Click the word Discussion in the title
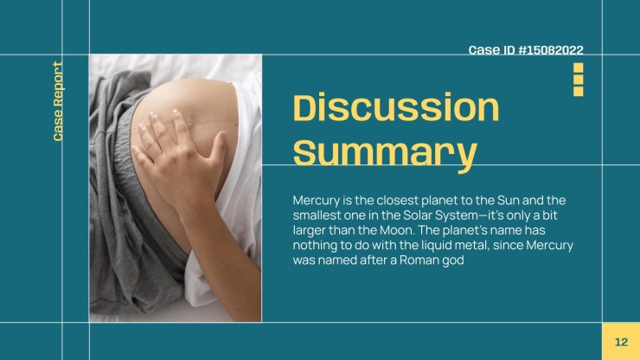coord(396,107)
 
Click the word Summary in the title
coord(385,152)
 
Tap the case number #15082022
coord(551,50)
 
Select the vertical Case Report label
coord(58,101)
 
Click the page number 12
coord(621,342)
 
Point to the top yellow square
coord(578,67)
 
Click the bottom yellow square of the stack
coord(578,91)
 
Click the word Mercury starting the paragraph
coord(317,201)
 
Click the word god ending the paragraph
coord(453,260)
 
